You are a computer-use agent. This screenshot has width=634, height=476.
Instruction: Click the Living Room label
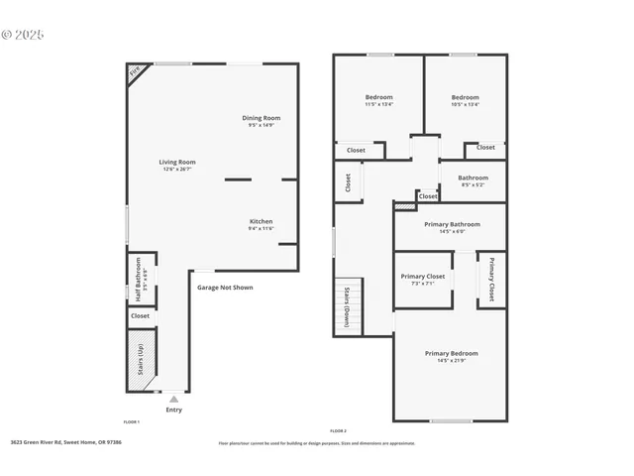[x=179, y=165]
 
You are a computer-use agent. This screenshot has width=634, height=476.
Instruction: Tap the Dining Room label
[x=262, y=121]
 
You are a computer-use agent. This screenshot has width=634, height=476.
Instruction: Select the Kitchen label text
[x=261, y=224]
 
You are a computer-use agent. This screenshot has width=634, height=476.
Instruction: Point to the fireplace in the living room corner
[x=134, y=71]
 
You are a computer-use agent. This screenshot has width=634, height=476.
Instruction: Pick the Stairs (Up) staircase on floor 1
[x=140, y=357]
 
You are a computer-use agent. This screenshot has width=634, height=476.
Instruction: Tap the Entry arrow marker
[x=173, y=399]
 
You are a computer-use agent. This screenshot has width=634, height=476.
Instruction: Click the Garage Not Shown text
[x=224, y=288]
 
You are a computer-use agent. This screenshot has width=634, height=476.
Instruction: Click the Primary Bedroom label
[x=451, y=356]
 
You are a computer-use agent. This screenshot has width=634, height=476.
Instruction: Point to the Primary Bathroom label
[x=452, y=227]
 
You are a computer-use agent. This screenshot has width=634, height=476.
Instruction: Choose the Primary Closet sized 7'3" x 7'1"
[x=422, y=280]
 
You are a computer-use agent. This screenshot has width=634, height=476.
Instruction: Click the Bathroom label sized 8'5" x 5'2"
[x=473, y=180]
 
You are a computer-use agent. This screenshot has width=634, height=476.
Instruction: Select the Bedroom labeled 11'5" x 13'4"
[x=378, y=100]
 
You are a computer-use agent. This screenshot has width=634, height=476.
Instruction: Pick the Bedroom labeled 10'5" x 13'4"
[x=465, y=100]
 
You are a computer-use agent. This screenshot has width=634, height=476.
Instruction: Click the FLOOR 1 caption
[x=132, y=422]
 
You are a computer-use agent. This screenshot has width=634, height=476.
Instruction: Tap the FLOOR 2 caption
[x=338, y=430]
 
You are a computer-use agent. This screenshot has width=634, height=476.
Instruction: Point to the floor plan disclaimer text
[x=318, y=442]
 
